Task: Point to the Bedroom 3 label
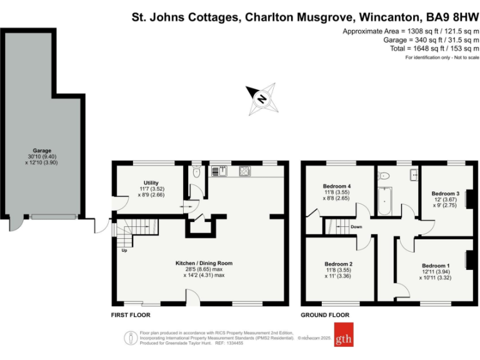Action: point(446,193)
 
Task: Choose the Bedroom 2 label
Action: point(338,264)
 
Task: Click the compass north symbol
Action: point(262,98)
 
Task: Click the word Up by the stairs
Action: point(125,251)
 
